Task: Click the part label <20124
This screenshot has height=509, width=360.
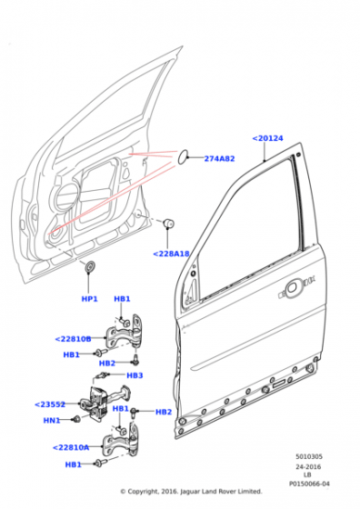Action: coord(268,138)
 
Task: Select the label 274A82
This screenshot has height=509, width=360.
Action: coord(219,159)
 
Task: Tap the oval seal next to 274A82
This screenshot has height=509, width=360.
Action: coord(183,156)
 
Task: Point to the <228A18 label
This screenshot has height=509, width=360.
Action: coord(171,254)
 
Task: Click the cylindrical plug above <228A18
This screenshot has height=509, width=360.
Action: coord(168,224)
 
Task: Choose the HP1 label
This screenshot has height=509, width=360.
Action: coord(90,299)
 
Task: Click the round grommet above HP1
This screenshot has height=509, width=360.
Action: coord(89,266)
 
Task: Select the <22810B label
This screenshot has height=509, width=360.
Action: coord(73,339)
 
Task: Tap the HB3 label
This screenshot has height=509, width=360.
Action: coord(135,375)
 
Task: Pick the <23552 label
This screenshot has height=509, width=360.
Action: coord(50,404)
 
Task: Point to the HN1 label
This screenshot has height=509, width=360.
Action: coord(52,420)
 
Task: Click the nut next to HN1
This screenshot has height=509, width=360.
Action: coord(76,419)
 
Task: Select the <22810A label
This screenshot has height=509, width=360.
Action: coord(71,447)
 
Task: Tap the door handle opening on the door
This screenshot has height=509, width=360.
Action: coord(291,288)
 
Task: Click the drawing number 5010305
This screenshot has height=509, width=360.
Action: coord(309,456)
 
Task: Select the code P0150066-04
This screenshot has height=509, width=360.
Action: coord(309,484)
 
